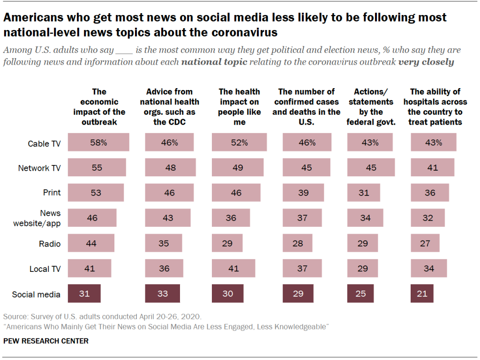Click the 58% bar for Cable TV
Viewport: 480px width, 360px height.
click(98, 142)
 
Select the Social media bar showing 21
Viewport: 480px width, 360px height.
click(422, 293)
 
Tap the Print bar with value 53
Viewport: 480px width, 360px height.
click(96, 192)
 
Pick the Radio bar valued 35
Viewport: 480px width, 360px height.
click(164, 243)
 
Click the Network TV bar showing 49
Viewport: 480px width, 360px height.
click(238, 167)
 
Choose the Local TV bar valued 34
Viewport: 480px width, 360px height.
click(429, 268)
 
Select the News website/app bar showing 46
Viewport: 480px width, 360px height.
click(92, 217)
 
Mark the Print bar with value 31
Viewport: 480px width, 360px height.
click(363, 192)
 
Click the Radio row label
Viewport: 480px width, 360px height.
click(50, 244)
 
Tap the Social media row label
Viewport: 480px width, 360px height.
click(36, 294)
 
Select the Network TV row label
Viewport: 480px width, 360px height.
click(40, 168)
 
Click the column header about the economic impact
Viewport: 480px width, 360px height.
click(99, 107)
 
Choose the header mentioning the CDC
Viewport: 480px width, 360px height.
click(172, 107)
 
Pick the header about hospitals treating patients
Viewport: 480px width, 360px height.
click(435, 107)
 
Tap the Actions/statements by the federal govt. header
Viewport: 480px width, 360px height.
click(370, 107)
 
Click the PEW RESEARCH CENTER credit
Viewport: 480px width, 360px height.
click(46, 341)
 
